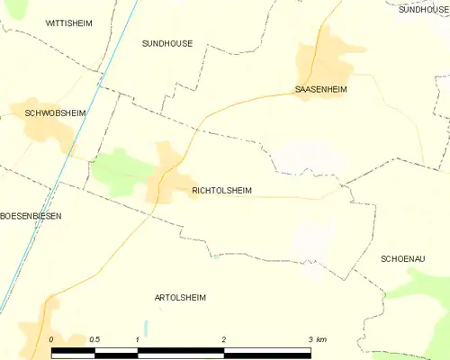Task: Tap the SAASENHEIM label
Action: (x=320, y=90)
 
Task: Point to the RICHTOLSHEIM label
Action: (x=221, y=191)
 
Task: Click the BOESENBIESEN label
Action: (x=31, y=216)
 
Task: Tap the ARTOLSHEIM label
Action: (x=180, y=297)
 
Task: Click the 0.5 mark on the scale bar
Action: (x=94, y=339)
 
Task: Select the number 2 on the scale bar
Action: (x=223, y=339)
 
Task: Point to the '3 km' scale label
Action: (x=315, y=339)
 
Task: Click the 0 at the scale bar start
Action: (x=52, y=339)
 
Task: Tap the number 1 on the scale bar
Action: (x=137, y=339)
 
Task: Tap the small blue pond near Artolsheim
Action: (x=144, y=328)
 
